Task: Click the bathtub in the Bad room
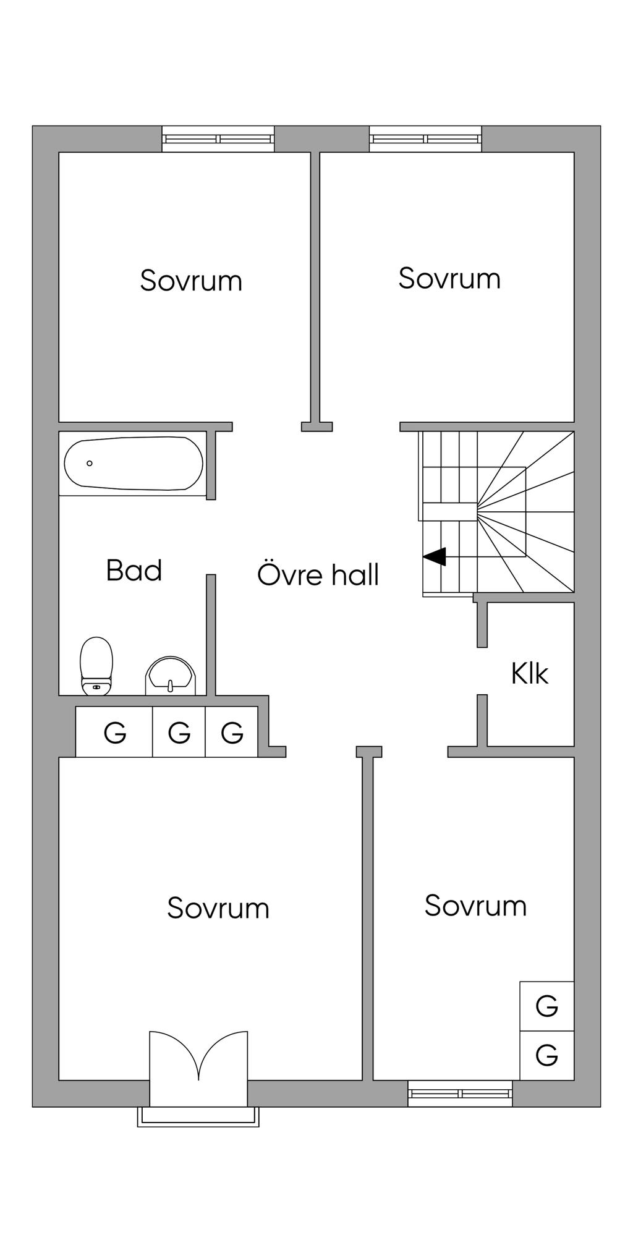click(x=134, y=464)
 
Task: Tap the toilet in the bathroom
click(x=97, y=666)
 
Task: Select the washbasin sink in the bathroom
click(x=171, y=676)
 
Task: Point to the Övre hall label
click(x=318, y=574)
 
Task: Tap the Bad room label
click(x=134, y=570)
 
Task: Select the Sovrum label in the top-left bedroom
click(x=191, y=280)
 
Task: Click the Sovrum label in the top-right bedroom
click(x=449, y=278)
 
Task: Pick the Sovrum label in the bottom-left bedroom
click(x=218, y=908)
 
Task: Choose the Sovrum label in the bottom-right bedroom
click(x=475, y=906)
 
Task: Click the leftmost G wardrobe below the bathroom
click(x=114, y=732)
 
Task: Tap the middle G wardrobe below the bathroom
click(x=179, y=732)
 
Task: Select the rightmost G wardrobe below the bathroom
click(x=232, y=732)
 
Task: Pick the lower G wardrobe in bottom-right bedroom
click(x=547, y=1055)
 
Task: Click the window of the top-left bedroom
click(x=218, y=139)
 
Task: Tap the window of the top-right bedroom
click(x=425, y=139)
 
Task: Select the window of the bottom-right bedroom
click(x=461, y=1094)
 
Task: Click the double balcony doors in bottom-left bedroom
click(x=198, y=1057)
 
